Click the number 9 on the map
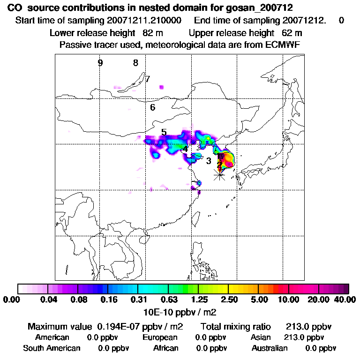[x=100, y=63]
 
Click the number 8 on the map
[x=135, y=63]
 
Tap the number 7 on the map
[x=148, y=79]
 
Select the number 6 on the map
[x=153, y=107]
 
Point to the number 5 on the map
[x=164, y=132]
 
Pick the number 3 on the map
[x=209, y=161]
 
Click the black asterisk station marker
[x=219, y=175]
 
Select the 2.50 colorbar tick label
[x=228, y=300]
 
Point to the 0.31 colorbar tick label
[x=138, y=300]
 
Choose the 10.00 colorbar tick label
[x=289, y=300]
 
